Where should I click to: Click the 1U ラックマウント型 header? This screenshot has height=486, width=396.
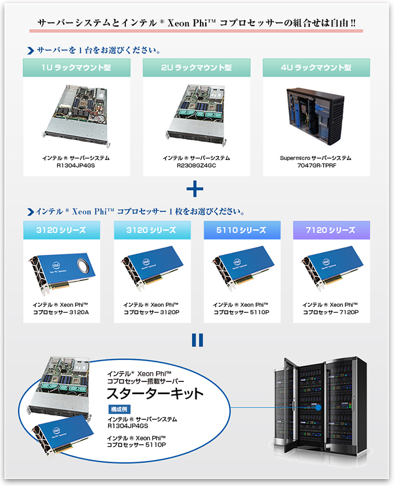pos(76,68)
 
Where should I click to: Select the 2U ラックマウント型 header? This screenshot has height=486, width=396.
pos(197,68)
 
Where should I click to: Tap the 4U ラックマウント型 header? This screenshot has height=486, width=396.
pos(316,68)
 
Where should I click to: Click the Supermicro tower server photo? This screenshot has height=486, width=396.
pos(315,116)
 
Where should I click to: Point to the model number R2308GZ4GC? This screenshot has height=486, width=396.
pos(197,165)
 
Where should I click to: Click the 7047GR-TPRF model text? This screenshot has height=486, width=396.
pos(317,165)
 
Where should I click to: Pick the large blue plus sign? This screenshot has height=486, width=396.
pos(195,189)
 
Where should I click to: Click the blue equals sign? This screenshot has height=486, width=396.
pos(198,340)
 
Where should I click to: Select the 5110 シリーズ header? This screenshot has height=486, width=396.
pos(242,230)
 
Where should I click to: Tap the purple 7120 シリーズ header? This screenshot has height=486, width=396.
pos(331,230)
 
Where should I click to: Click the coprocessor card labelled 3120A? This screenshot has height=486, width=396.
pos(62,272)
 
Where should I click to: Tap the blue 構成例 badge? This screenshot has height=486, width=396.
pos(119,409)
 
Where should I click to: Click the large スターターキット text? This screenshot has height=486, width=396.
pos(155,394)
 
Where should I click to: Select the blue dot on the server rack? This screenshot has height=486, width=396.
pos(318,407)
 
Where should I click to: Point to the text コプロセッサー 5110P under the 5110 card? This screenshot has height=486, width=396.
pos(241,313)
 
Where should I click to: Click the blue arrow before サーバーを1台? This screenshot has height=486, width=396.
pos(31,50)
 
